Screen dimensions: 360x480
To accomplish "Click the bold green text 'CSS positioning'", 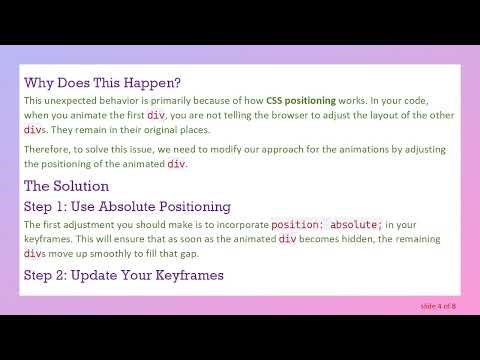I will pos(302,101).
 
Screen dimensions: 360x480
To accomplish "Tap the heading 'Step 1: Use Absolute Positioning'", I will pos(127,206).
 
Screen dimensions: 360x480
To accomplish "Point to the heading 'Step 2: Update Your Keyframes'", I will pos(123,274).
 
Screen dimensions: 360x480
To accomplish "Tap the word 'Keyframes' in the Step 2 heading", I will pos(185,274).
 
